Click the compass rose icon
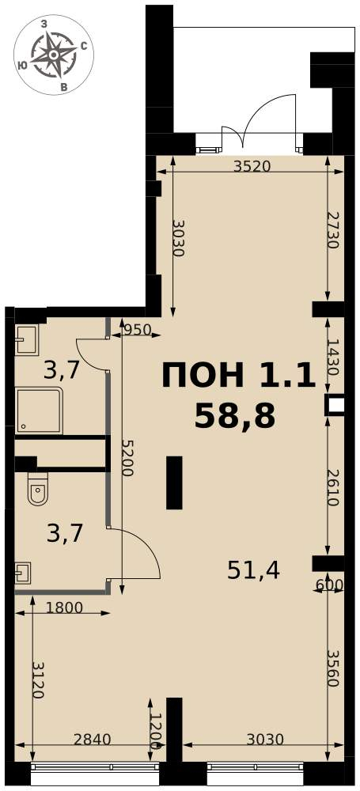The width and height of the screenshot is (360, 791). (54, 55)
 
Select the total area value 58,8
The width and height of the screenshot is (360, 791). (235, 417)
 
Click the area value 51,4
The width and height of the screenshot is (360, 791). (253, 570)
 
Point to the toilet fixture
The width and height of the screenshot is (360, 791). (37, 488)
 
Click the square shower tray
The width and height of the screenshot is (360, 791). (39, 411)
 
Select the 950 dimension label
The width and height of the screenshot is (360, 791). (138, 330)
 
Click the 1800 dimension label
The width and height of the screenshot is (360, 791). (63, 607)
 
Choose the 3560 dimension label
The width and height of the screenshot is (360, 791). (333, 668)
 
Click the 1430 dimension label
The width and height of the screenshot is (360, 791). (332, 356)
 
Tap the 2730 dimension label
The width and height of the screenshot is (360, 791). (332, 229)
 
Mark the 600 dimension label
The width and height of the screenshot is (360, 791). (329, 585)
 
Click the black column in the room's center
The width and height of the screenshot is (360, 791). (174, 483)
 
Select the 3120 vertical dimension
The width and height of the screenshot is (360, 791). (38, 679)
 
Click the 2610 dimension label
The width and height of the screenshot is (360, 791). (333, 487)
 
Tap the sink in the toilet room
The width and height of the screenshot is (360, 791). (23, 573)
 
